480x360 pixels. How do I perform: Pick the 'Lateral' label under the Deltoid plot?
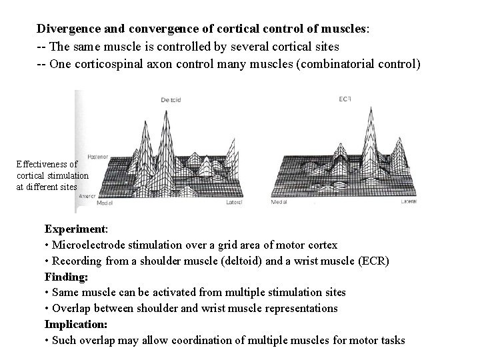(234, 202)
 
